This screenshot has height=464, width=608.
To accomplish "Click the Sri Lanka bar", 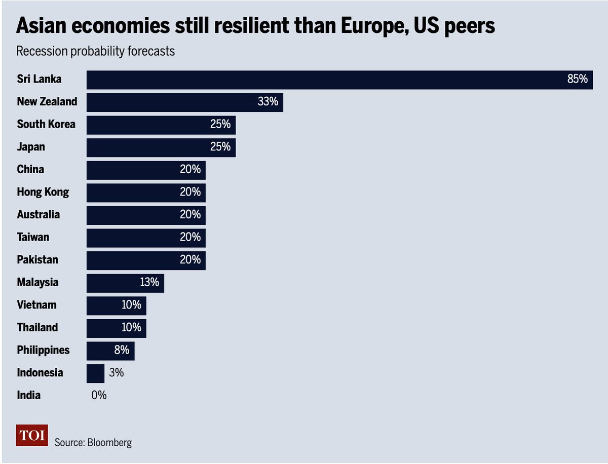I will (324, 80).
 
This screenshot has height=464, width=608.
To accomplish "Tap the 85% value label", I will (577, 80).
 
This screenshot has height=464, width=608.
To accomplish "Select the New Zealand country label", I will (47, 101).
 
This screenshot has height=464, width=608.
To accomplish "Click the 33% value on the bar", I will (268, 102).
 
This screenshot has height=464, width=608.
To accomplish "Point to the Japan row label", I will (31, 147).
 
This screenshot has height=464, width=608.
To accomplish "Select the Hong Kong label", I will (43, 192).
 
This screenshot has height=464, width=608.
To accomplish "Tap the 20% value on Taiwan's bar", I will (190, 237).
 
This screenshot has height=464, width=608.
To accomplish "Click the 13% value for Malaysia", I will (149, 282).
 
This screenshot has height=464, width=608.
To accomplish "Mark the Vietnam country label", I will (36, 305).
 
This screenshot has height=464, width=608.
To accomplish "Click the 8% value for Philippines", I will (122, 350).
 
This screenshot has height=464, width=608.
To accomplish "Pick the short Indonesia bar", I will (95, 373).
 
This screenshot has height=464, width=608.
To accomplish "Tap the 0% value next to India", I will (99, 395).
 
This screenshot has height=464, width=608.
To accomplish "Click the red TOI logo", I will (32, 436).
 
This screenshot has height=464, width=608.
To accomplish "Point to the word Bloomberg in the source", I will (109, 442).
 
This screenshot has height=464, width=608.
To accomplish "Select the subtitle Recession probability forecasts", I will (95, 52).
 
